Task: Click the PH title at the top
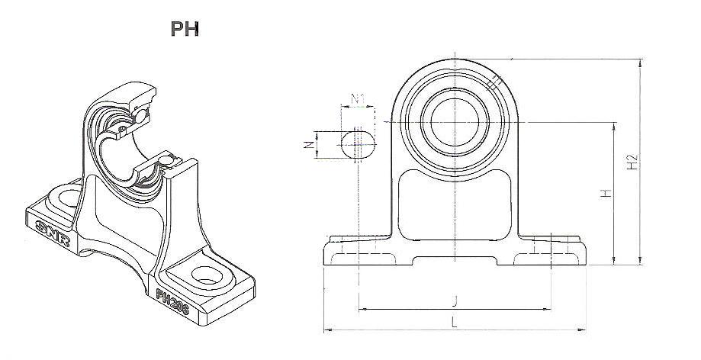(185, 29)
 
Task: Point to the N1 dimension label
(357, 98)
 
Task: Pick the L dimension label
(455, 322)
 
